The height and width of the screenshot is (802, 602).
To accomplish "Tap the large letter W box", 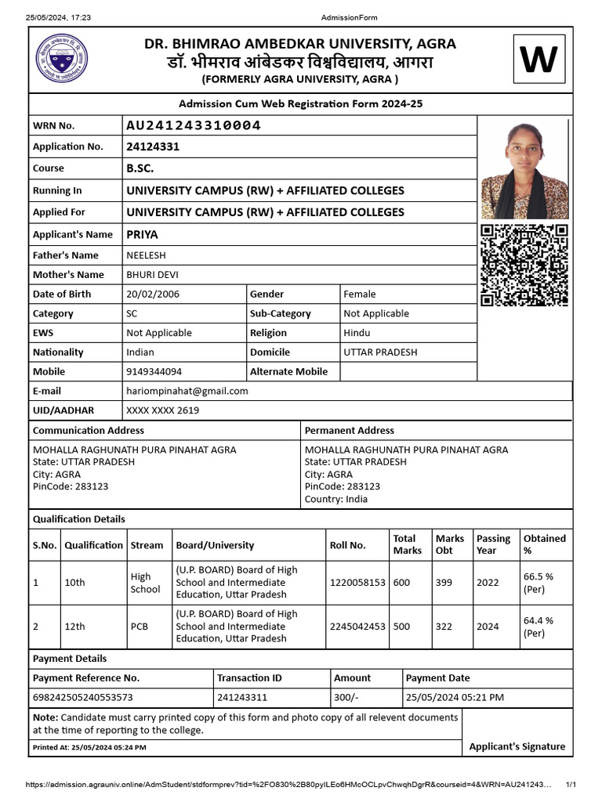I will point(539,60).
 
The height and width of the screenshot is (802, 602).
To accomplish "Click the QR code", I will point(524,265).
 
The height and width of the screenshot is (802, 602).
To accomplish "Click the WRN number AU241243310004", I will point(194,125).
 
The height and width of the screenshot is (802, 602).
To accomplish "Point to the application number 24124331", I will point(153,146).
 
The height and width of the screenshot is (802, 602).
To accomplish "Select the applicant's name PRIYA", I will point(142,234).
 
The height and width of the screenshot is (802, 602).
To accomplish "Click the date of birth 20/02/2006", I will point(152,294).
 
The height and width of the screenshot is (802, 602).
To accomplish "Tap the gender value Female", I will point(360,294).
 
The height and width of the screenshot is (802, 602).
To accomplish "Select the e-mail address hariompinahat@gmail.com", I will point(187,391).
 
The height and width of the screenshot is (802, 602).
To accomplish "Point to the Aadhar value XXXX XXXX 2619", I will point(162,410).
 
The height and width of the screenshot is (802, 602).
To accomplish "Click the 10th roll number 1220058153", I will point(357,583).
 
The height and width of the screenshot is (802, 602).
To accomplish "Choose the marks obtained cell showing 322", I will point(444,627).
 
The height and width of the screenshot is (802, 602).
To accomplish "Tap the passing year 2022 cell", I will point(488,583).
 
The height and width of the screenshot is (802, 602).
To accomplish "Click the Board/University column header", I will point(215,545).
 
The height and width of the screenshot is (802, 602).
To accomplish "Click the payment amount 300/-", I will point(346,697).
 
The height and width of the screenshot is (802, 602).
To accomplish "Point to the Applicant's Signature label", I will point(517,746).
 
